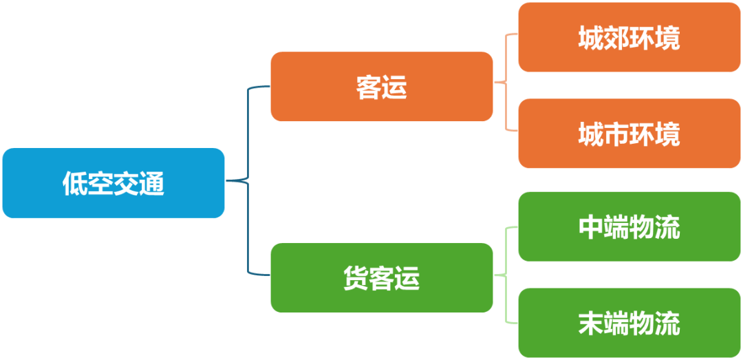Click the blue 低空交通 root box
[114, 183]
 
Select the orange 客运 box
[381, 86]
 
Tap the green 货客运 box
[381, 277]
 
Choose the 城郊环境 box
[629, 37]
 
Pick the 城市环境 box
[629, 134]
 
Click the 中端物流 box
[629, 226]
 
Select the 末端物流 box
[629, 323]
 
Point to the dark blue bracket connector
[248, 180]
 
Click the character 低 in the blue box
[76, 184]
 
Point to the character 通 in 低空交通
[151, 184]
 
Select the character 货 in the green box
[356, 278]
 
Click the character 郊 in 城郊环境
[616, 38]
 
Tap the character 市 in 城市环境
[616, 134]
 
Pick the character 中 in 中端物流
[591, 227]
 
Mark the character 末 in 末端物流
[591, 324]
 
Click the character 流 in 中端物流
[667, 227]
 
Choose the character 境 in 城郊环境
[667, 38]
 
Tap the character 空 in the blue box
[101, 184]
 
